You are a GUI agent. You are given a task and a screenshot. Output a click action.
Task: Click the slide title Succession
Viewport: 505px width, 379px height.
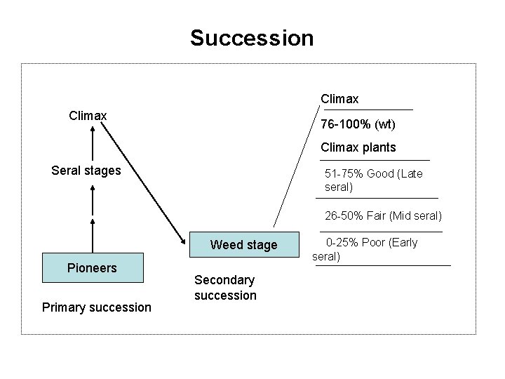[x=252, y=37]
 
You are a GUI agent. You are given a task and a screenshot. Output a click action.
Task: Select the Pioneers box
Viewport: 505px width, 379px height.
[x=92, y=268]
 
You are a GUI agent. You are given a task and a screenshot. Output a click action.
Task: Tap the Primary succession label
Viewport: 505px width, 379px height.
[x=96, y=307]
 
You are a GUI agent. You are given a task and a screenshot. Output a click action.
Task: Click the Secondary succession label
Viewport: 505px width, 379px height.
[x=225, y=287]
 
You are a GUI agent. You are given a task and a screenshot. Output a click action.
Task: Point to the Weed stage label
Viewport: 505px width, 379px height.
[x=243, y=245]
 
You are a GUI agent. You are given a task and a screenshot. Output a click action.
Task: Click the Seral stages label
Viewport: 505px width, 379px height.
[x=86, y=170]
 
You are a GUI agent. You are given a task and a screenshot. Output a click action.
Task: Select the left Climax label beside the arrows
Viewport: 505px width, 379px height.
[x=88, y=114]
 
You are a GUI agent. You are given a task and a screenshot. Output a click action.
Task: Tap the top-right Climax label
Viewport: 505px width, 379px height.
[x=339, y=100]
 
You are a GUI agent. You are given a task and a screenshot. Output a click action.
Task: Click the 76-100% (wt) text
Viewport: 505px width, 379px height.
[x=358, y=125]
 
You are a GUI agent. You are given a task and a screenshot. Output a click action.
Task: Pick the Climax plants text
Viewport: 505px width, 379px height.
[x=358, y=147]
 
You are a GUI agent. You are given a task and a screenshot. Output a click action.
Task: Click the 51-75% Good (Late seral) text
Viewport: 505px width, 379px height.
[x=373, y=180]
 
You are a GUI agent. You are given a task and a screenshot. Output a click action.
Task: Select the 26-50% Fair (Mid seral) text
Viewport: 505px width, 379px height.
[x=383, y=215]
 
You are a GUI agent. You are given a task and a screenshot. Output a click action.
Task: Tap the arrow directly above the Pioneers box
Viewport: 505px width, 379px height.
[x=92, y=232]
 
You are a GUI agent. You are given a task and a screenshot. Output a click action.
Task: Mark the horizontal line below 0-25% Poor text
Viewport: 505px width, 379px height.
[x=383, y=265]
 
